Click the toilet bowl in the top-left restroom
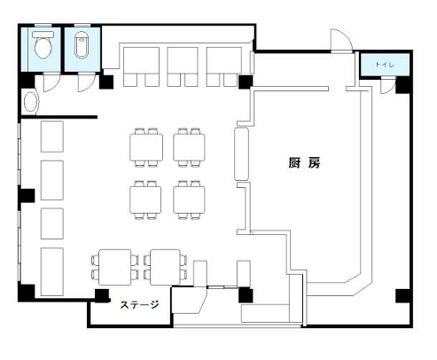click(x=43, y=43)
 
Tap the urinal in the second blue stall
click(x=82, y=43)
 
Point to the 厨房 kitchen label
click(x=303, y=163)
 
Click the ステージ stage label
click(x=140, y=307)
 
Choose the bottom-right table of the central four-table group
click(x=189, y=199)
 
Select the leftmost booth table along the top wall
click(x=139, y=64)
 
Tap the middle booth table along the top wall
click(x=182, y=64)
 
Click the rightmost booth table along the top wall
click(x=222, y=64)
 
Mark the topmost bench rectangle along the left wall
click(x=51, y=137)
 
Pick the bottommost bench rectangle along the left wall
click(x=51, y=270)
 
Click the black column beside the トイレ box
click(x=402, y=86)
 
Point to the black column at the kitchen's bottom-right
click(x=402, y=295)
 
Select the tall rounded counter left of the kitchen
click(x=239, y=156)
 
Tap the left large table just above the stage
click(x=115, y=266)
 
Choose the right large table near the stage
click(x=166, y=266)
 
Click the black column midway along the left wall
click(x=27, y=194)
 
